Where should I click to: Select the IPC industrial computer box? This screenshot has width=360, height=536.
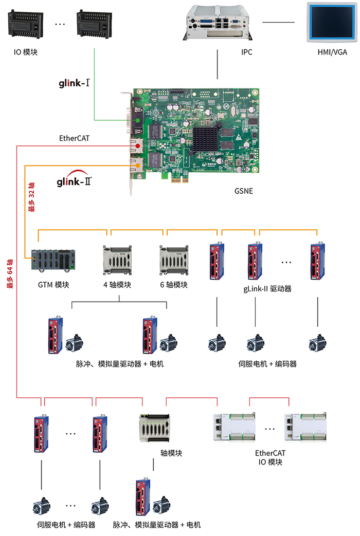(x=218, y=22)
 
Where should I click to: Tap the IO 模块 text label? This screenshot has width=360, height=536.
(x=26, y=52)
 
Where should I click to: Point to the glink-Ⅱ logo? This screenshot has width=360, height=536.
(x=75, y=181)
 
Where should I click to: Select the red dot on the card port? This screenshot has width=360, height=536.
(x=137, y=147)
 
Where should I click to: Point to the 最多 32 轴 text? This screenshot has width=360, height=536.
(x=32, y=197)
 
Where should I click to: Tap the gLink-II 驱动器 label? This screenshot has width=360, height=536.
(x=267, y=289)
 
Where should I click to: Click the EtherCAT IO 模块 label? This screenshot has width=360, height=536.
(x=270, y=457)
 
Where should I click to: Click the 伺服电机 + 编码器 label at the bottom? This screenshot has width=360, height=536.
(x=66, y=525)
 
